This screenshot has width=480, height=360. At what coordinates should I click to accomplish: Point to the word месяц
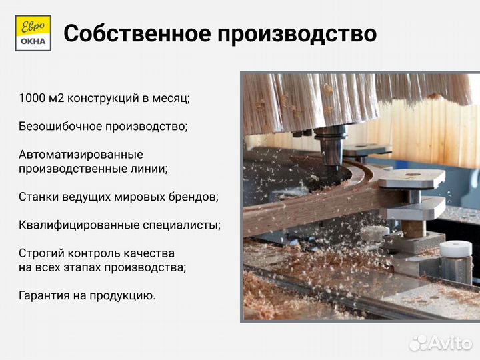point(173,98)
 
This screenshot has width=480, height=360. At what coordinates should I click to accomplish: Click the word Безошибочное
point(63,126)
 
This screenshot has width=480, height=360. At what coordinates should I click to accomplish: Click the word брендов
point(193,197)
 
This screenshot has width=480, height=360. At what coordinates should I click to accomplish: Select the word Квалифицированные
point(79,225)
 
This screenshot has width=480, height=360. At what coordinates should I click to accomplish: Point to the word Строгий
point(41,253)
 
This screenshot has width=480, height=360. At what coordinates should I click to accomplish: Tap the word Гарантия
point(43,295)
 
